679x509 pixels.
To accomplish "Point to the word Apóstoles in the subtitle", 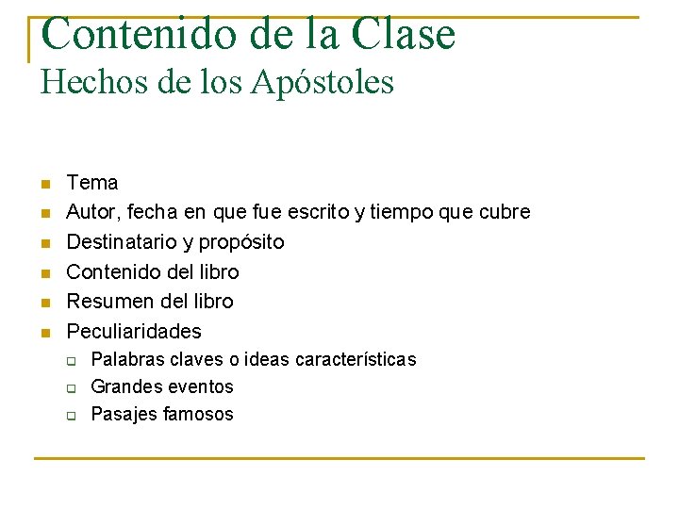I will [x=323, y=83].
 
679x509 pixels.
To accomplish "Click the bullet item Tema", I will [x=92, y=182].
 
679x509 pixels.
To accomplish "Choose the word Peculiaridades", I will [x=134, y=331].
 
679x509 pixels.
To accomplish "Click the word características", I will [x=356, y=359].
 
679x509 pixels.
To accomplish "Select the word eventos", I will [x=200, y=386].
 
